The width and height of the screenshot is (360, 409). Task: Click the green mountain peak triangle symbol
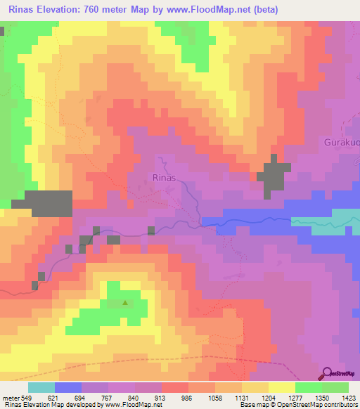pos(125,304)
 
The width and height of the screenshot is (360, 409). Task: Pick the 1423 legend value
pos(347,398)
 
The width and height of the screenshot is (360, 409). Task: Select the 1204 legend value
pos(255,398)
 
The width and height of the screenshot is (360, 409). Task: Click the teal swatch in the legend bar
pos(41,387)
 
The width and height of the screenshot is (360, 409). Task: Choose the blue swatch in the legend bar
pos(67,387)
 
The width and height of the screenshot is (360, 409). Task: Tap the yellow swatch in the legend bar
pos(281,387)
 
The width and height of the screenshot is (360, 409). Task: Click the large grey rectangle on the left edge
pos(42,202)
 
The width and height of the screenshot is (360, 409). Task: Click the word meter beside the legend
pos(10,398)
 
